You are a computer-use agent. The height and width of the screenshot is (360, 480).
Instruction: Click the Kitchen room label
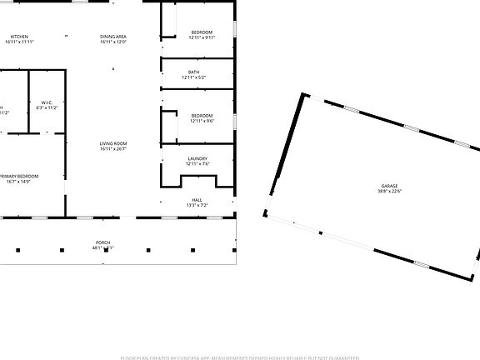[20, 37]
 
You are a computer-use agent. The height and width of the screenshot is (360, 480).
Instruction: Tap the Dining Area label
[113, 37]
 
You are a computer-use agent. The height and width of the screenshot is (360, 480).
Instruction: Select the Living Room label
[113, 144]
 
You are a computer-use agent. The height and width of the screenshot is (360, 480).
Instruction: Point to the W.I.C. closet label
[47, 102]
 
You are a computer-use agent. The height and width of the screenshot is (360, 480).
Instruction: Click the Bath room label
[193, 72]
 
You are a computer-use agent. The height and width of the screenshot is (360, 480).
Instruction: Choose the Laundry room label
[197, 158]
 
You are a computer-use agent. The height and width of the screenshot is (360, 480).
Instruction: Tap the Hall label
[197, 199]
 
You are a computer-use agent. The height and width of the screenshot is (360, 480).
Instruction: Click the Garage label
[389, 186]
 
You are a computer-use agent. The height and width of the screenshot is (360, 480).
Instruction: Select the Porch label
[102, 242]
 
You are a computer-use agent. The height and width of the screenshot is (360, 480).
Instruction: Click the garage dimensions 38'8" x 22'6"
[389, 191]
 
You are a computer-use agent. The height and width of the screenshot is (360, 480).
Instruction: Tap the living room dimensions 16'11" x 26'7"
[113, 150]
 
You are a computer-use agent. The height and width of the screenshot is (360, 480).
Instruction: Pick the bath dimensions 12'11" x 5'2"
[193, 77]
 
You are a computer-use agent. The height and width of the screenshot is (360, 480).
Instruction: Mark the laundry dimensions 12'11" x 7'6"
[197, 163]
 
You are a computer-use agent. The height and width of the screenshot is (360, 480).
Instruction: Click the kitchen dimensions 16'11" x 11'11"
[20, 42]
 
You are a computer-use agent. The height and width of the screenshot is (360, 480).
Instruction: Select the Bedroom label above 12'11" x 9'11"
[202, 32]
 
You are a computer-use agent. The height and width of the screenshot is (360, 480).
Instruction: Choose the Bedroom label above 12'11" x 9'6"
[202, 116]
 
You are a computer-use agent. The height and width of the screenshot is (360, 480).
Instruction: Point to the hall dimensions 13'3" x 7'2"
[197, 204]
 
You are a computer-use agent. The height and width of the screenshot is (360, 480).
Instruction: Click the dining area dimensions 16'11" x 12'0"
[113, 42]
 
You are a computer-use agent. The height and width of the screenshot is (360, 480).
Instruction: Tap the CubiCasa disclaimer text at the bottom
[240, 357]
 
